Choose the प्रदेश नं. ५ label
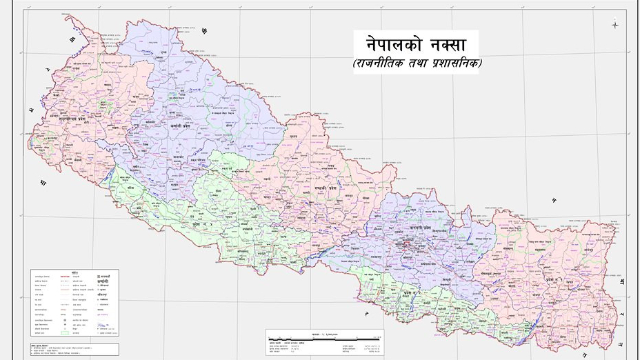203,223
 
